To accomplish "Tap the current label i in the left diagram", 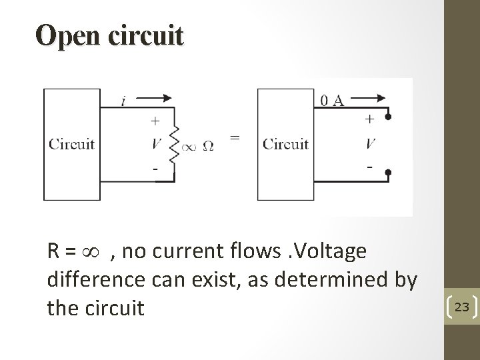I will click(124, 102).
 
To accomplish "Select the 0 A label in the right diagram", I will click(331, 101).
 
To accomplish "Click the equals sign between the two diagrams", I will click(235, 137).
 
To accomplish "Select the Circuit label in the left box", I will click(71, 144).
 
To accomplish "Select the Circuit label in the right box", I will click(285, 144).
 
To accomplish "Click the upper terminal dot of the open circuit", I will click(388, 116).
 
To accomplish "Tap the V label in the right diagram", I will click(371, 143).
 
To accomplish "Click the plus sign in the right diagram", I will click(369, 119).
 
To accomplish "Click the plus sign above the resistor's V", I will click(155, 121).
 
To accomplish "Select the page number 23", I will click(461, 307).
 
